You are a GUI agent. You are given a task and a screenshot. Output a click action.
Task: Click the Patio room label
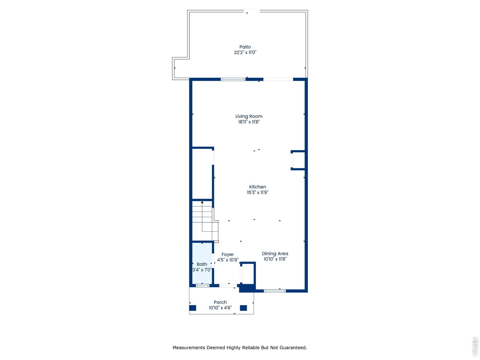[x=245, y=47]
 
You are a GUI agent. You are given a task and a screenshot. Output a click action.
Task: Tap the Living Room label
[x=249, y=116]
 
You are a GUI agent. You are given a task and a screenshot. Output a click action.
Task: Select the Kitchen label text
[x=258, y=187]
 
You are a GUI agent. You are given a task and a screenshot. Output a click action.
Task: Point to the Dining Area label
[x=275, y=253]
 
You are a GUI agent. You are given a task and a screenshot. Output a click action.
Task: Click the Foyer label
[x=228, y=255]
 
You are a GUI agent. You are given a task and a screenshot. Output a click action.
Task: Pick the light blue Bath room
[x=202, y=263]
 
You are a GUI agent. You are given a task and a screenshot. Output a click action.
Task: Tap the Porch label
[x=220, y=302]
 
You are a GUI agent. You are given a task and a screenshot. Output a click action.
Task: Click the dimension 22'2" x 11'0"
[x=245, y=52]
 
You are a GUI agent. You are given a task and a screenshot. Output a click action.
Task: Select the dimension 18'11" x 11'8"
[x=249, y=122]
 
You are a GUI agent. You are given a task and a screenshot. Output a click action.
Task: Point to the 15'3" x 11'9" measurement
[x=258, y=192]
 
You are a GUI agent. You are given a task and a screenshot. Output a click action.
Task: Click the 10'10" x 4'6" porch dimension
[x=220, y=308]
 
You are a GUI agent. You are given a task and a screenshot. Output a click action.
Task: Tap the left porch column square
[x=193, y=308]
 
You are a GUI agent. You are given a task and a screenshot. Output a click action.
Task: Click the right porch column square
[x=243, y=308]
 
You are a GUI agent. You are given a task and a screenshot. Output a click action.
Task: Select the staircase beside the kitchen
[x=205, y=221]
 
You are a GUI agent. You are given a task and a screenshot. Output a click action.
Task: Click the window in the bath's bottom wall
[x=202, y=285]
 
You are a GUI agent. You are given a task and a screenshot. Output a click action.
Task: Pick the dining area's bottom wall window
[x=274, y=291]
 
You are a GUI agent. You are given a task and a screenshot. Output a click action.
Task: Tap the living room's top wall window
[x=233, y=79]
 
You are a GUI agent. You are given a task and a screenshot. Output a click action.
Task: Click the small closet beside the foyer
[x=248, y=273]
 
